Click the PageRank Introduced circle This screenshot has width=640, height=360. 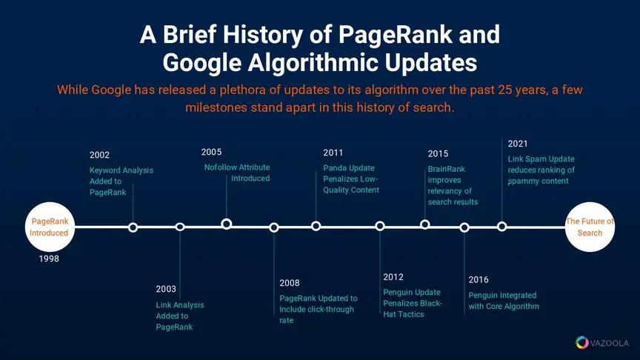(x=50, y=227)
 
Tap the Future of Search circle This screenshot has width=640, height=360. (x=590, y=227)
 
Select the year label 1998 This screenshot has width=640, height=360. (x=49, y=259)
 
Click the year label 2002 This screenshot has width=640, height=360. (x=99, y=155)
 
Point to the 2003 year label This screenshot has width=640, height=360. (x=166, y=289)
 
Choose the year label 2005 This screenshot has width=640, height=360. (x=211, y=153)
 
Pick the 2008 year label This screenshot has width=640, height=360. (x=290, y=283)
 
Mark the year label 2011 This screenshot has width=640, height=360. (x=333, y=153)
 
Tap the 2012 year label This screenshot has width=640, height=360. (x=393, y=277)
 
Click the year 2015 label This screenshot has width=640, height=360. (x=438, y=154)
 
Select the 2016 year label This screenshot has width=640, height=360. (x=479, y=280)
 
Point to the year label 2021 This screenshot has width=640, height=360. (x=518, y=144)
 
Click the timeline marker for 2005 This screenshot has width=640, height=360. (x=227, y=224)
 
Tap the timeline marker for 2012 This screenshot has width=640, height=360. (x=380, y=226)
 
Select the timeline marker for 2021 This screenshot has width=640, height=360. (x=502, y=227)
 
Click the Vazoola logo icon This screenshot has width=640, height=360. (x=582, y=342)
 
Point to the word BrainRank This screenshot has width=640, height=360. (x=446, y=169)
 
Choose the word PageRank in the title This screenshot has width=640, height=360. (x=396, y=34)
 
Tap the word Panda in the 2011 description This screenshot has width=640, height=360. (x=334, y=168)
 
